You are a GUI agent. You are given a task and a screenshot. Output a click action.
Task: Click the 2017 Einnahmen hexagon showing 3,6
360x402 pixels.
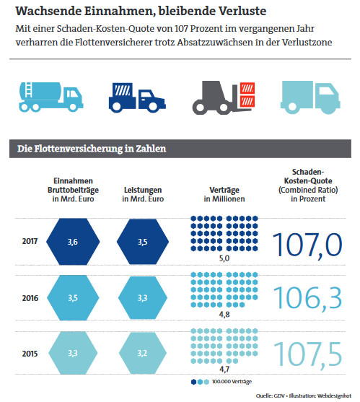[x=73, y=242]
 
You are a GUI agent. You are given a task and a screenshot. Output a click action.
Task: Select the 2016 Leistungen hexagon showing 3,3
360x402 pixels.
[x=143, y=297]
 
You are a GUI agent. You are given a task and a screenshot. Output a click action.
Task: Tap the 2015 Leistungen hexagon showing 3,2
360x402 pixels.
[x=143, y=353]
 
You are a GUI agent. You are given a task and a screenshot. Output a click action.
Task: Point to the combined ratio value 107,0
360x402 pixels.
[x=307, y=245]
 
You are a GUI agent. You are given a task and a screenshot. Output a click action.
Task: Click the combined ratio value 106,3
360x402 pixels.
[x=308, y=298]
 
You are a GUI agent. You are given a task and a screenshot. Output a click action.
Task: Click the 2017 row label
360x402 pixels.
[x=30, y=241]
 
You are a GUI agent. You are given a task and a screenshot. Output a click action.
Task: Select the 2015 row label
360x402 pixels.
[x=30, y=354]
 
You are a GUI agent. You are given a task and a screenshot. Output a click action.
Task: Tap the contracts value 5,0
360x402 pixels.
[x=224, y=258]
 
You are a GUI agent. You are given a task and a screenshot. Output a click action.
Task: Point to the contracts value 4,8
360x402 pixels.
[x=224, y=315]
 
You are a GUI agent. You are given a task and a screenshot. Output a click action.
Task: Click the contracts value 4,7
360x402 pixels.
[x=224, y=370]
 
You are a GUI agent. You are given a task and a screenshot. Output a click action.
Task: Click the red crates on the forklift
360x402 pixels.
[x=247, y=95]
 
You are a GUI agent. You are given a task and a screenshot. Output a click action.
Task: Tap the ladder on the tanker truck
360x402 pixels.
[x=28, y=89]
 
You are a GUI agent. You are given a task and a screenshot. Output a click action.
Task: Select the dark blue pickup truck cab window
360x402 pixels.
[x=147, y=95]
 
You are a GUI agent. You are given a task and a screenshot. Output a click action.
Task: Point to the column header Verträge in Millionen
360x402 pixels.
[x=224, y=194]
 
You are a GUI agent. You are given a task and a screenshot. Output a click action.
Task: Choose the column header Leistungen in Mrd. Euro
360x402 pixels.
[x=143, y=194]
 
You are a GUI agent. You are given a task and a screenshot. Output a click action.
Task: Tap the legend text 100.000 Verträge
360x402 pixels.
[x=232, y=382]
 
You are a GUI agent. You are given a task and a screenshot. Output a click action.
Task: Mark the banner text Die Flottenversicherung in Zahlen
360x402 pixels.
[x=92, y=149]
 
